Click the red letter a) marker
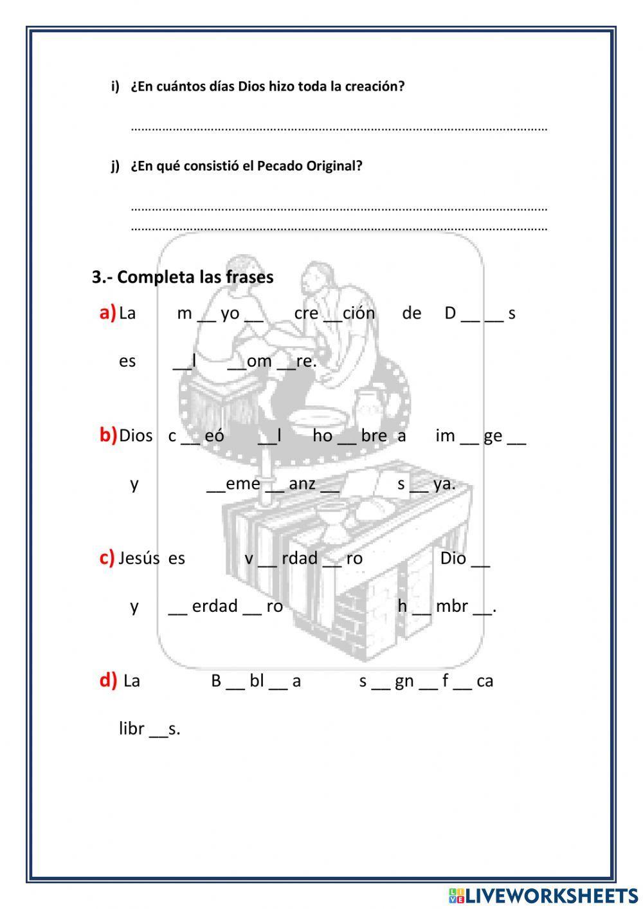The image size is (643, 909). tap(107, 313)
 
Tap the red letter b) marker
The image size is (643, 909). tap(107, 435)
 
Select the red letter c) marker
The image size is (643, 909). tap(107, 557)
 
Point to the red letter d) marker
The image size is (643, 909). tap(108, 680)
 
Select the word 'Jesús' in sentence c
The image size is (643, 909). tap(139, 558)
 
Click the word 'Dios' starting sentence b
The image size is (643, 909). tap(136, 436)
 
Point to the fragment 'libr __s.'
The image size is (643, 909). tap(149, 729)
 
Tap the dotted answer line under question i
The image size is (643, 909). tap(339, 129)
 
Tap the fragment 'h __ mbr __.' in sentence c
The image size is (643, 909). tap(446, 606)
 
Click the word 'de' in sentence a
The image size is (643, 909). tap(412, 313)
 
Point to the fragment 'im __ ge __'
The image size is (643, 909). tap(480, 436)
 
